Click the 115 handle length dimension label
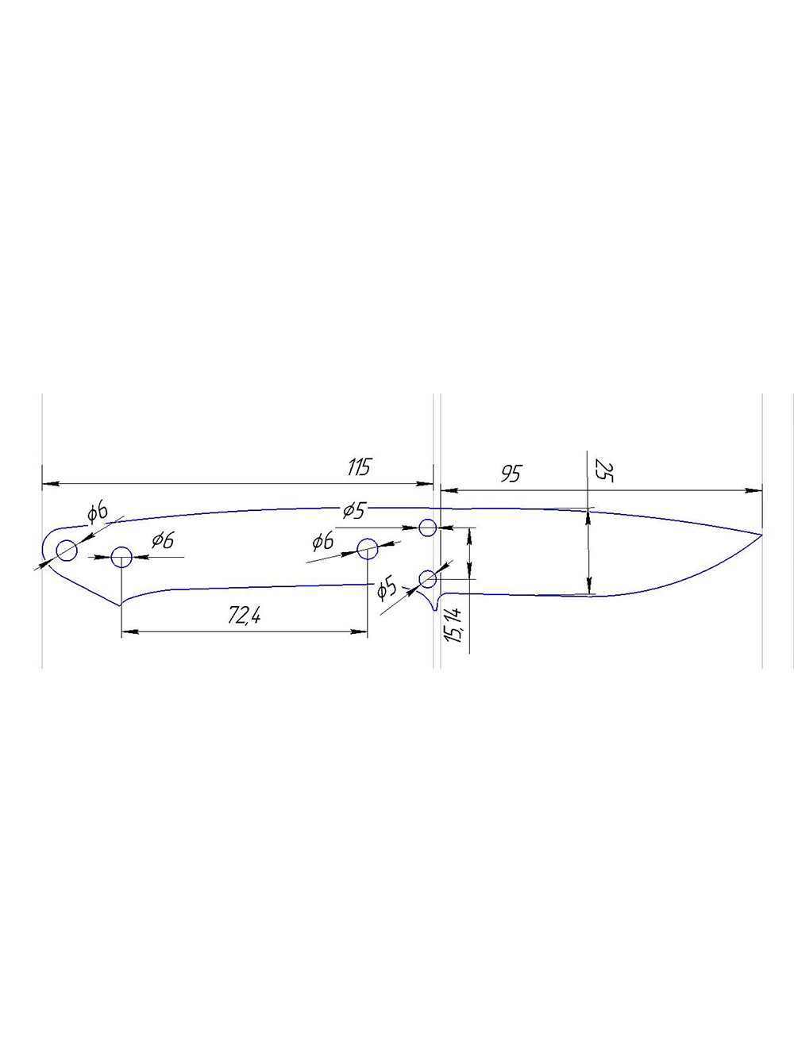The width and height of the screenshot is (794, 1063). click(x=358, y=467)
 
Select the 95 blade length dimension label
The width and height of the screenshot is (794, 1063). click(x=511, y=474)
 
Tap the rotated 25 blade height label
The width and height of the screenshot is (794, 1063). click(x=604, y=470)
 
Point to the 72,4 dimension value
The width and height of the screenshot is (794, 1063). click(x=244, y=616)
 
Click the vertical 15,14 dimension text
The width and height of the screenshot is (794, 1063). click(x=456, y=625)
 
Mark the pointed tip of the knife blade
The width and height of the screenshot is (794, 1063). click(x=762, y=535)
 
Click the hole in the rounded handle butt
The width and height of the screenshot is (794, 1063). click(x=67, y=551)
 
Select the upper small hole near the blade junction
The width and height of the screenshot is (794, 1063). click(x=427, y=528)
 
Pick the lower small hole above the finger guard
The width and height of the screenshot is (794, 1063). click(x=427, y=578)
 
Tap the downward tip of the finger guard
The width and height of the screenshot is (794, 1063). click(x=435, y=610)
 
